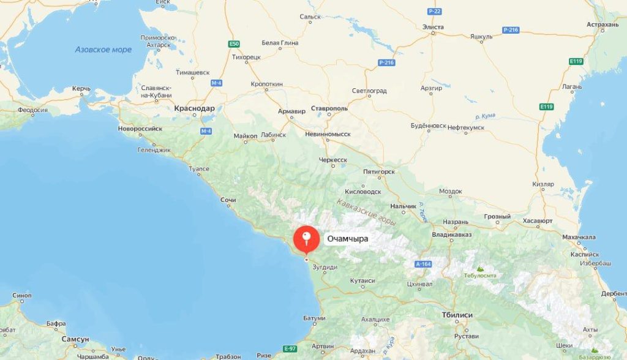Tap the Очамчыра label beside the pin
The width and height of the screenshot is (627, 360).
click(347, 239)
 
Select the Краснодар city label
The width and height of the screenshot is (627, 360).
click(194, 108)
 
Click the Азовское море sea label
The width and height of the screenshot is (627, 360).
click(103, 50)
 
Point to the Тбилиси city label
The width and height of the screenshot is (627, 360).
click(457, 315)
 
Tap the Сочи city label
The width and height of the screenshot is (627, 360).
click(228, 200)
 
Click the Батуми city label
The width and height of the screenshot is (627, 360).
click(314, 318)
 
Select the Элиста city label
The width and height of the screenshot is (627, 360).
click(434, 27)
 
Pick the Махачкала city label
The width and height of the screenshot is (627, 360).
click(579, 237)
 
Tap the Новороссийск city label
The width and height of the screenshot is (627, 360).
click(140, 129)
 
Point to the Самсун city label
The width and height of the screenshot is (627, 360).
click(75, 339)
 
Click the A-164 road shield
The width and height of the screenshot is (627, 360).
click(423, 264)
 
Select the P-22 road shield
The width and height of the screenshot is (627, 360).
click(434, 11)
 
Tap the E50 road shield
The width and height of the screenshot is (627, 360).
click(233, 44)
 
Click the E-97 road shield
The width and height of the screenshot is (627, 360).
click(290, 348)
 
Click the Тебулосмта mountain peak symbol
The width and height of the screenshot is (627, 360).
click(480, 268)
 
